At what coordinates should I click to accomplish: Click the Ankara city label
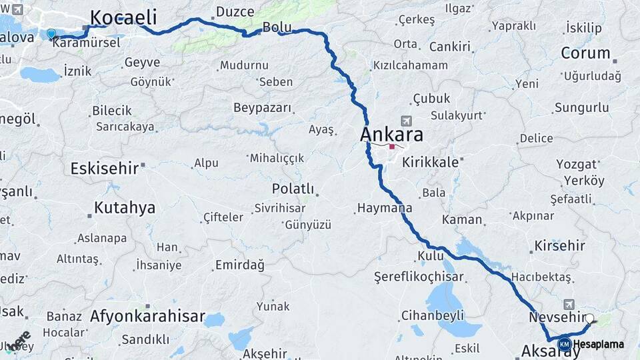(391, 134)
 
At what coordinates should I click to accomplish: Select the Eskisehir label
(104, 167)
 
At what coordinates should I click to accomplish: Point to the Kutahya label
(124, 207)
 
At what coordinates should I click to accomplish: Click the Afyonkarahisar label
(147, 316)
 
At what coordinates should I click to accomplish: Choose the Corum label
(585, 53)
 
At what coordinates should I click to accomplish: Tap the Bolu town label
(277, 27)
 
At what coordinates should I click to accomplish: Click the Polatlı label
(293, 189)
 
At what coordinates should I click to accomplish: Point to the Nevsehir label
(556, 317)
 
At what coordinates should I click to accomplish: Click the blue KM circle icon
(564, 344)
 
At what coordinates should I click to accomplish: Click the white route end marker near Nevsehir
(589, 319)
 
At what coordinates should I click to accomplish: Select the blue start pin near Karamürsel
(51, 33)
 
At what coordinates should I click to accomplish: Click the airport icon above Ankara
(406, 121)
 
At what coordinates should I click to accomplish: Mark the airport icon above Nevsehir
(568, 303)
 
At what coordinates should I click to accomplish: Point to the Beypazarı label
(263, 107)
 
